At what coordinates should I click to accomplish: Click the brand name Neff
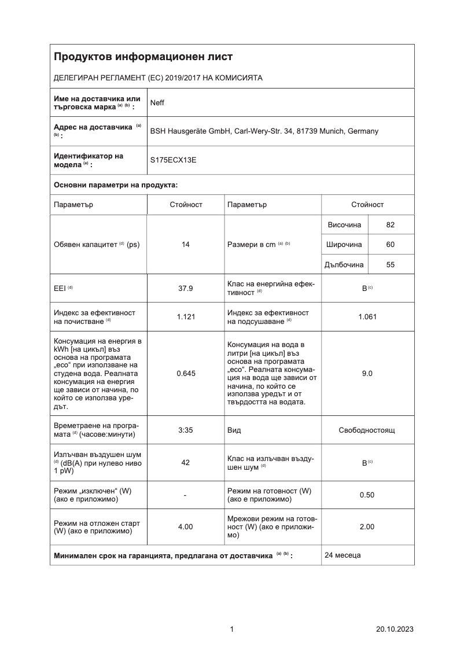(157, 103)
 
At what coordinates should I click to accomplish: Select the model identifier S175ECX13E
(173, 160)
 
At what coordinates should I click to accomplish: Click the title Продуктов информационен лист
(143, 57)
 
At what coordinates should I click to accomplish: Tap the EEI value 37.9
(186, 288)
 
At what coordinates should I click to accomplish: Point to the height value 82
(391, 225)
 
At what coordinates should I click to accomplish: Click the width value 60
(391, 245)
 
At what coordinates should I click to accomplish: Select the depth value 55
(391, 265)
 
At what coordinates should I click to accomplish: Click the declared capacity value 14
(186, 245)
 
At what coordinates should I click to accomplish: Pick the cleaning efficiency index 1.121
(186, 317)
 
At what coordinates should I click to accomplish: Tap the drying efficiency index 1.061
(367, 317)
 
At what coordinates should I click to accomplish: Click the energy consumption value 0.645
(186, 374)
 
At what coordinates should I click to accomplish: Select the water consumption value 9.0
(367, 374)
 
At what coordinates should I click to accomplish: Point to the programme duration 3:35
(186, 430)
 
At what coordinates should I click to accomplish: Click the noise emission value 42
(186, 462)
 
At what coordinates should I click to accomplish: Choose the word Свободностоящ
(367, 430)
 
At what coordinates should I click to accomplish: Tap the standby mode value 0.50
(367, 495)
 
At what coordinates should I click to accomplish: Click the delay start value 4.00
(186, 527)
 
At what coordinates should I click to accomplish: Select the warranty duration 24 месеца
(343, 555)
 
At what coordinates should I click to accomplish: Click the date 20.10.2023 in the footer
(395, 629)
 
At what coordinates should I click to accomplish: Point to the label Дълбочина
(345, 265)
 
